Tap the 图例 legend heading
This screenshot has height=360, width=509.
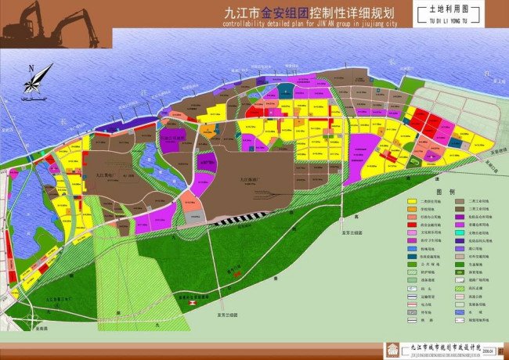pyautogui.click(x=445, y=191)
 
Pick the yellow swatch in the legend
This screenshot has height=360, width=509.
pyautogui.click(x=411, y=202)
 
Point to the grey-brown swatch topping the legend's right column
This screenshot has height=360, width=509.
pyautogui.click(x=460, y=202)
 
